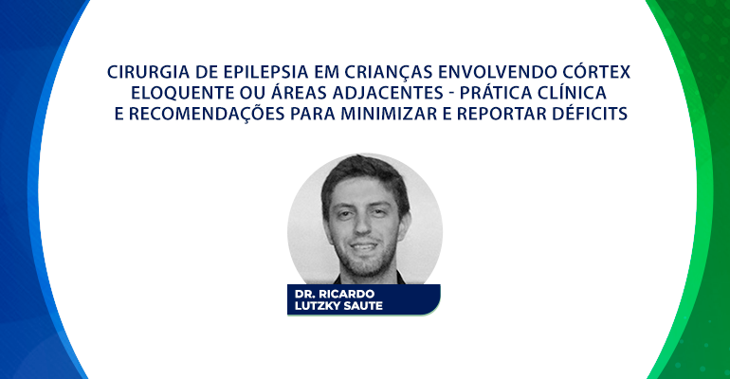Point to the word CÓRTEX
coord(596,71)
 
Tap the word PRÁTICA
coord(495,92)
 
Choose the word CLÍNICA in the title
coord(573,92)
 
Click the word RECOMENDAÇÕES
coord(207,114)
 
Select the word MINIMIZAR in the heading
coord(389,114)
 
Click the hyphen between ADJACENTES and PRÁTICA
coord(451,95)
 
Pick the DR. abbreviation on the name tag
coord(304,294)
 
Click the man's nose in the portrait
coord(361,227)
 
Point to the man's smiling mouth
coord(363,246)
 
